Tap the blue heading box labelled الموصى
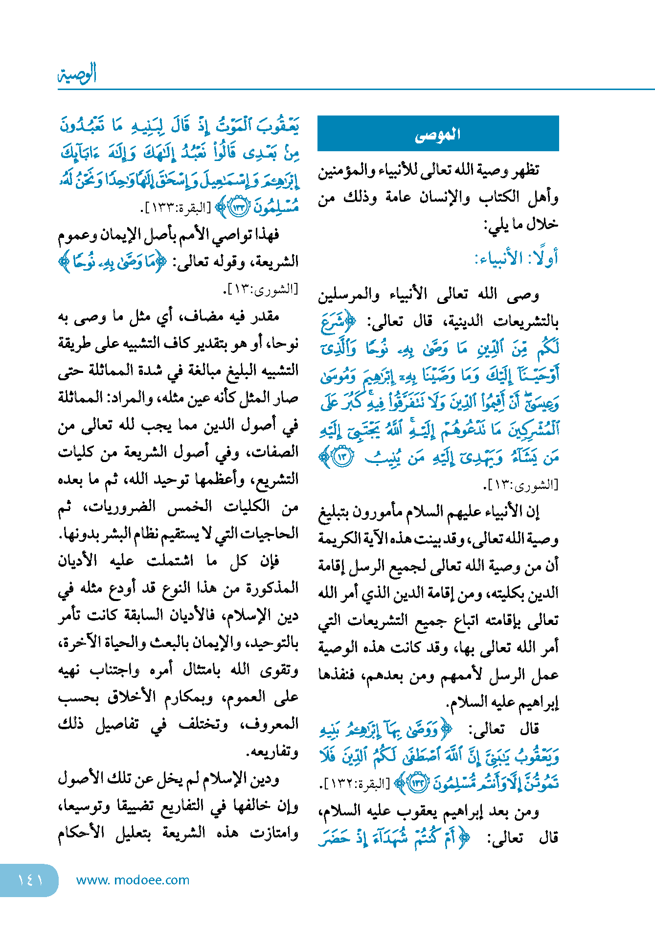(438, 134)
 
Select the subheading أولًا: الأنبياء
(516, 258)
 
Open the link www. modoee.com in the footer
(133, 880)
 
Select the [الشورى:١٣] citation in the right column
(520, 485)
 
